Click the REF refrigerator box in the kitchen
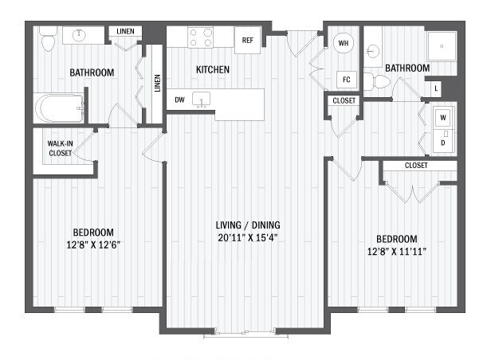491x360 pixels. tap(247, 40)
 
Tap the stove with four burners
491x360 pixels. tap(200, 37)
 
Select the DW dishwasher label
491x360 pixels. tap(181, 100)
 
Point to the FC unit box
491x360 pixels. tap(346, 79)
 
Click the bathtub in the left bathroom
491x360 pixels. tap(61, 108)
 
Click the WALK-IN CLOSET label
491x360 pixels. tap(60, 147)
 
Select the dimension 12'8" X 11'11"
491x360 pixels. tap(396, 253)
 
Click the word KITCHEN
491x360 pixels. tap(213, 70)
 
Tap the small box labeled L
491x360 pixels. tap(436, 88)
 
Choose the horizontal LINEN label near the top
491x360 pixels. tap(124, 32)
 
